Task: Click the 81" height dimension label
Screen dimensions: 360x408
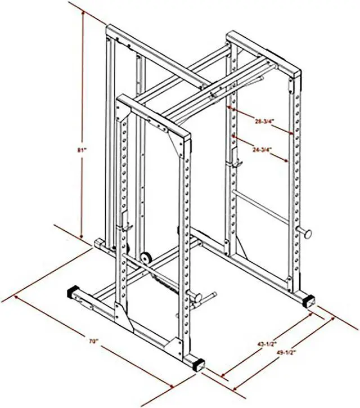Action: tap(82, 150)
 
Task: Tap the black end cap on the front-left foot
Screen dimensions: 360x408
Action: tap(74, 294)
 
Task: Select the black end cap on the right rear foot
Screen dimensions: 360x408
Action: tap(308, 300)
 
